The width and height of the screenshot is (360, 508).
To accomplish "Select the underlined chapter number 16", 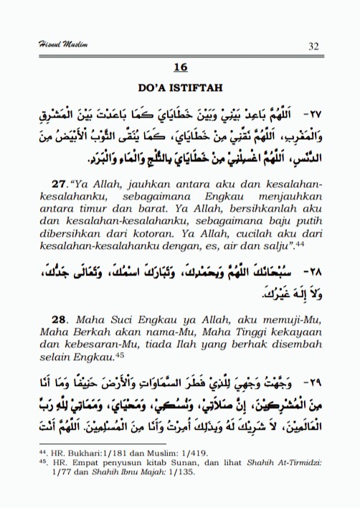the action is click(x=180, y=67).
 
